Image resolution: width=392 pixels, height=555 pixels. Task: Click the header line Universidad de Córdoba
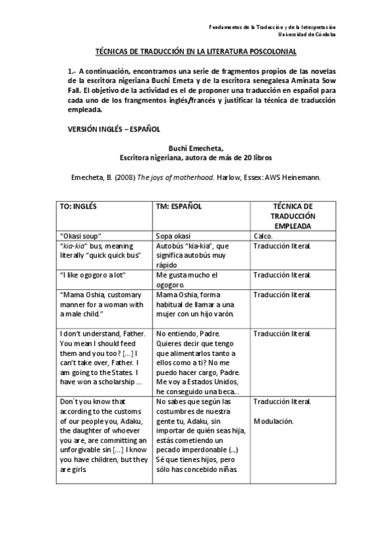coord(307,34)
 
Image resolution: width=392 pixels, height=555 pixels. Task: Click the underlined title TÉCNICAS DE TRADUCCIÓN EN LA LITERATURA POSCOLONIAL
coord(196,50)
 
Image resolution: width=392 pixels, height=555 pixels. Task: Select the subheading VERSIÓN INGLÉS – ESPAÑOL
coord(115,129)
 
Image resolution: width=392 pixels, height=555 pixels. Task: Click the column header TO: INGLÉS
coord(78,206)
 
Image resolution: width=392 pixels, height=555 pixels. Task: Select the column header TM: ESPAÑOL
coord(178,206)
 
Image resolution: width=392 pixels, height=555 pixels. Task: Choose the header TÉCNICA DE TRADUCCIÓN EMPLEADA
coord(291,215)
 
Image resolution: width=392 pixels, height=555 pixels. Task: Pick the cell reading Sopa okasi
coord(176,236)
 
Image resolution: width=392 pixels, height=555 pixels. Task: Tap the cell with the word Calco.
coord(264,236)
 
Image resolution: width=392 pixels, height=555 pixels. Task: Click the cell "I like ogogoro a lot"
coord(92,275)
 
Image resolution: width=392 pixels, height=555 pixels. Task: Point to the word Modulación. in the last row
coord(274,421)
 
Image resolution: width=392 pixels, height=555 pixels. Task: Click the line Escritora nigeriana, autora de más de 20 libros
coord(196,158)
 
